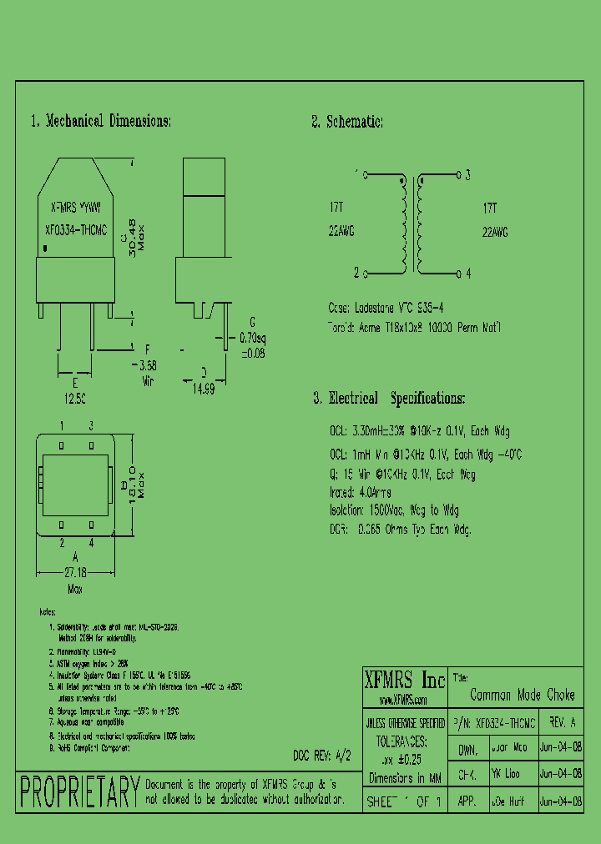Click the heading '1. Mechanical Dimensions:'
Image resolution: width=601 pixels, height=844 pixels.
[x=100, y=121]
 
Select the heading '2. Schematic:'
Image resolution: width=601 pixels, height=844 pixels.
[x=347, y=122]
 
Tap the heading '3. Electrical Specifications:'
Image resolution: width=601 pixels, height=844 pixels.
[x=389, y=399]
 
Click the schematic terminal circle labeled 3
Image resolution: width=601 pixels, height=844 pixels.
[x=458, y=175]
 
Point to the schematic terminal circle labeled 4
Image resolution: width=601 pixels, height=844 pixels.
[x=458, y=273]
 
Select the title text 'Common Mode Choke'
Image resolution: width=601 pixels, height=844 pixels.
[x=523, y=695]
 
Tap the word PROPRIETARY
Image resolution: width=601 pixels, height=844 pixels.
[x=79, y=791]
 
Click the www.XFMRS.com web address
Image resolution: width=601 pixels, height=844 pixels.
[x=403, y=700]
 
